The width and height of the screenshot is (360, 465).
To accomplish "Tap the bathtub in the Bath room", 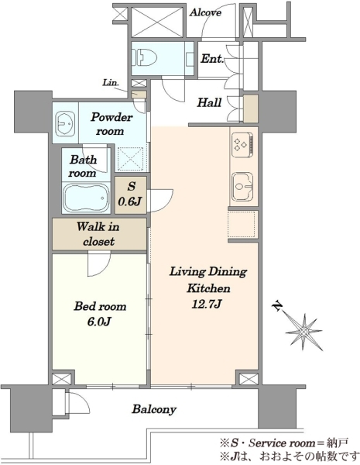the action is click(x=86, y=198).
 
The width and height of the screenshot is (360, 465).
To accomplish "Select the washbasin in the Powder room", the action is click(x=65, y=122).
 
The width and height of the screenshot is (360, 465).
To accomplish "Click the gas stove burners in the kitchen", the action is click(x=242, y=144).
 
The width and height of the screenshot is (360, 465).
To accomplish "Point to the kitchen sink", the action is click(x=242, y=187).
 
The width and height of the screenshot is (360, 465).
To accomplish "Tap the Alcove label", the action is click(x=205, y=12).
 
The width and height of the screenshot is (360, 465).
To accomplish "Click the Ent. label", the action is click(x=211, y=58).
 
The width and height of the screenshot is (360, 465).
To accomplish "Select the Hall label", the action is click(x=209, y=102).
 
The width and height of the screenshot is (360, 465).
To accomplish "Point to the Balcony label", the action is click(x=154, y=409).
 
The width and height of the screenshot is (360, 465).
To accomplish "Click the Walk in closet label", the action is click(x=98, y=234).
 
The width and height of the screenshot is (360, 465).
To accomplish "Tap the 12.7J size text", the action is click(x=207, y=304).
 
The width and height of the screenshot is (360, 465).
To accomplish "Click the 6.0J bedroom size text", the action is click(x=99, y=322).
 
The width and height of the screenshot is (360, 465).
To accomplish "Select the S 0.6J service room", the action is click(x=131, y=195).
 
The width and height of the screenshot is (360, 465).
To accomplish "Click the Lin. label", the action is click(x=111, y=82).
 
